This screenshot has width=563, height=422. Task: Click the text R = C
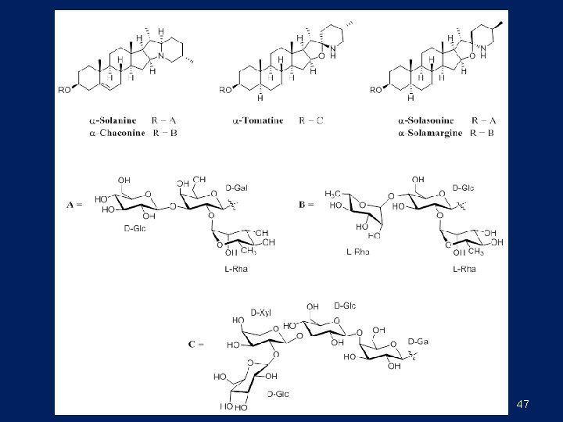[x=313, y=120]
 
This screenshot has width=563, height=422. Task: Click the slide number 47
[x=523, y=404]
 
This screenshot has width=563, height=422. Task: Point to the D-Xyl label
[x=260, y=313]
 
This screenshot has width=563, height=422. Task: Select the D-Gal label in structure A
[x=237, y=188]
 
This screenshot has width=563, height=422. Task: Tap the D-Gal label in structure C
[x=419, y=342]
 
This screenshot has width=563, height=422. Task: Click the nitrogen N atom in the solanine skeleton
[x=161, y=57]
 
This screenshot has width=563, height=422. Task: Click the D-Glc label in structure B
[x=463, y=188]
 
